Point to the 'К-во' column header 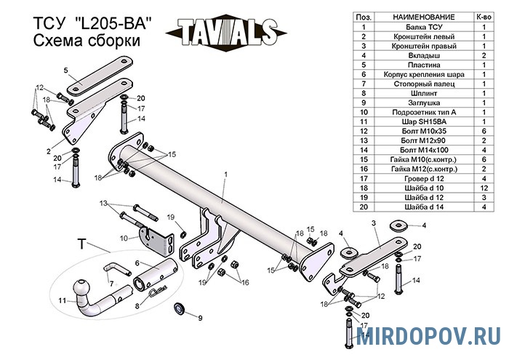484,16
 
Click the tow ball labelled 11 94,297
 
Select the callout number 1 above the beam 226,174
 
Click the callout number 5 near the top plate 65,69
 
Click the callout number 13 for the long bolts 103,203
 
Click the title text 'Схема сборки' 87,42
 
